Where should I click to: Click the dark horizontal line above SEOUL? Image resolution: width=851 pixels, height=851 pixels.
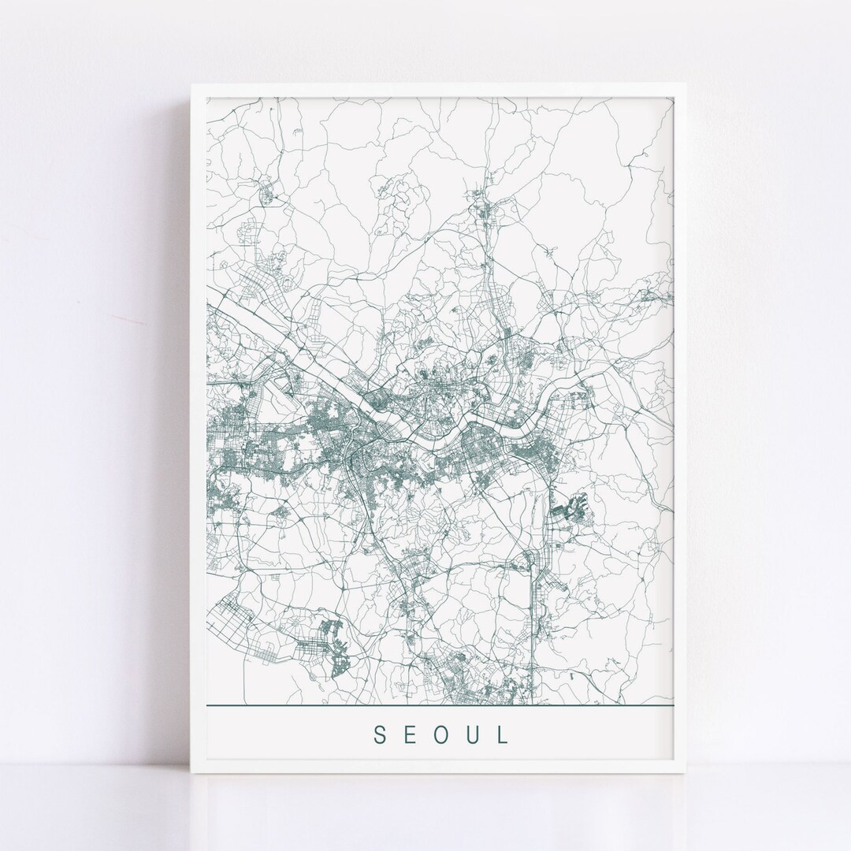(441, 705)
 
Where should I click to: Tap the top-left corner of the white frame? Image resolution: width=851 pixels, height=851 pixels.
(191, 84)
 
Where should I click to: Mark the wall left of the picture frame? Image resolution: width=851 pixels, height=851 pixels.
(95, 394)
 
